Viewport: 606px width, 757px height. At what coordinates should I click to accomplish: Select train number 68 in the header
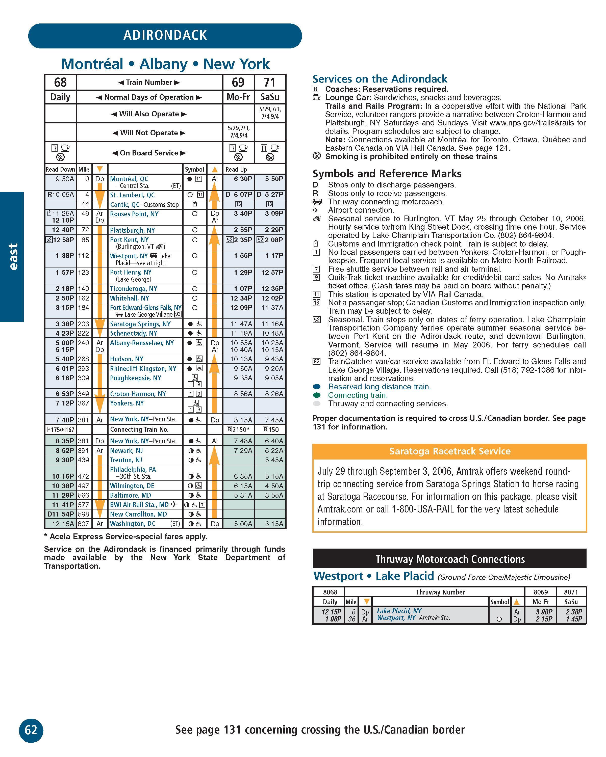[x=60, y=83]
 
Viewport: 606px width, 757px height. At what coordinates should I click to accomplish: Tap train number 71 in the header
[x=269, y=83]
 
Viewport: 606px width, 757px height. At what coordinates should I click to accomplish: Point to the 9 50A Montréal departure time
[x=65, y=179]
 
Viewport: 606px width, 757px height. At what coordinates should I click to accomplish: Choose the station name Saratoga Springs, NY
[x=140, y=324]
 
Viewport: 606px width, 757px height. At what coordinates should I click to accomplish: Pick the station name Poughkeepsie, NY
[x=135, y=378]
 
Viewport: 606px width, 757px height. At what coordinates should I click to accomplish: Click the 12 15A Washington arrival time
[x=63, y=524]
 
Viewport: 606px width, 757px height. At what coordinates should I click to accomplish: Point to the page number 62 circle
[x=31, y=730]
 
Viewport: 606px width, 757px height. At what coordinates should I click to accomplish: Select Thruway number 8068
[x=330, y=592]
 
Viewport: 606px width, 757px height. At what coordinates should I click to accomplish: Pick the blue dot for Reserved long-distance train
[x=317, y=387]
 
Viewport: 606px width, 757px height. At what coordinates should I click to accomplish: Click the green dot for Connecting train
[x=317, y=395]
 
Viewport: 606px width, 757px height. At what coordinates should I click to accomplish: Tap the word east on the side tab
[x=12, y=257]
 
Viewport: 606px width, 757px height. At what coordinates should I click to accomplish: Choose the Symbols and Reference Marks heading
[x=387, y=173]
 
